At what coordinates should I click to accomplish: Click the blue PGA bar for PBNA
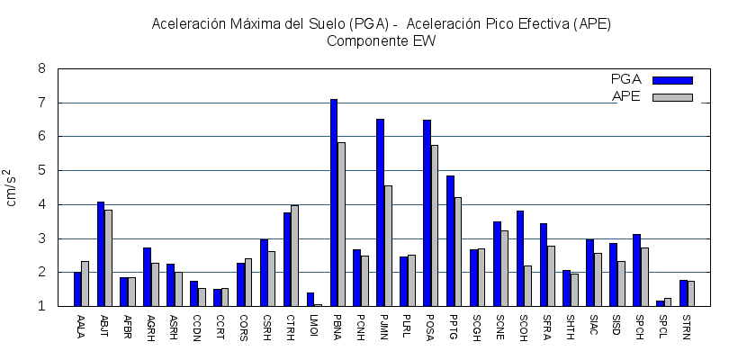pyautogui.click(x=334, y=202)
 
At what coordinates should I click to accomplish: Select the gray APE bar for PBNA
pyautogui.click(x=341, y=224)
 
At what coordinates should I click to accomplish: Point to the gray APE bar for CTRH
pyautogui.click(x=294, y=256)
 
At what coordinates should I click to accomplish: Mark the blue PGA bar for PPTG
pyautogui.click(x=450, y=240)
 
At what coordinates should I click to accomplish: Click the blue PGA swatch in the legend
pyautogui.click(x=672, y=80)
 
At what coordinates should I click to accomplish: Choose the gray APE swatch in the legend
pyautogui.click(x=672, y=97)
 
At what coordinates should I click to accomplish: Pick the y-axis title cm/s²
pyautogui.click(x=13, y=187)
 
